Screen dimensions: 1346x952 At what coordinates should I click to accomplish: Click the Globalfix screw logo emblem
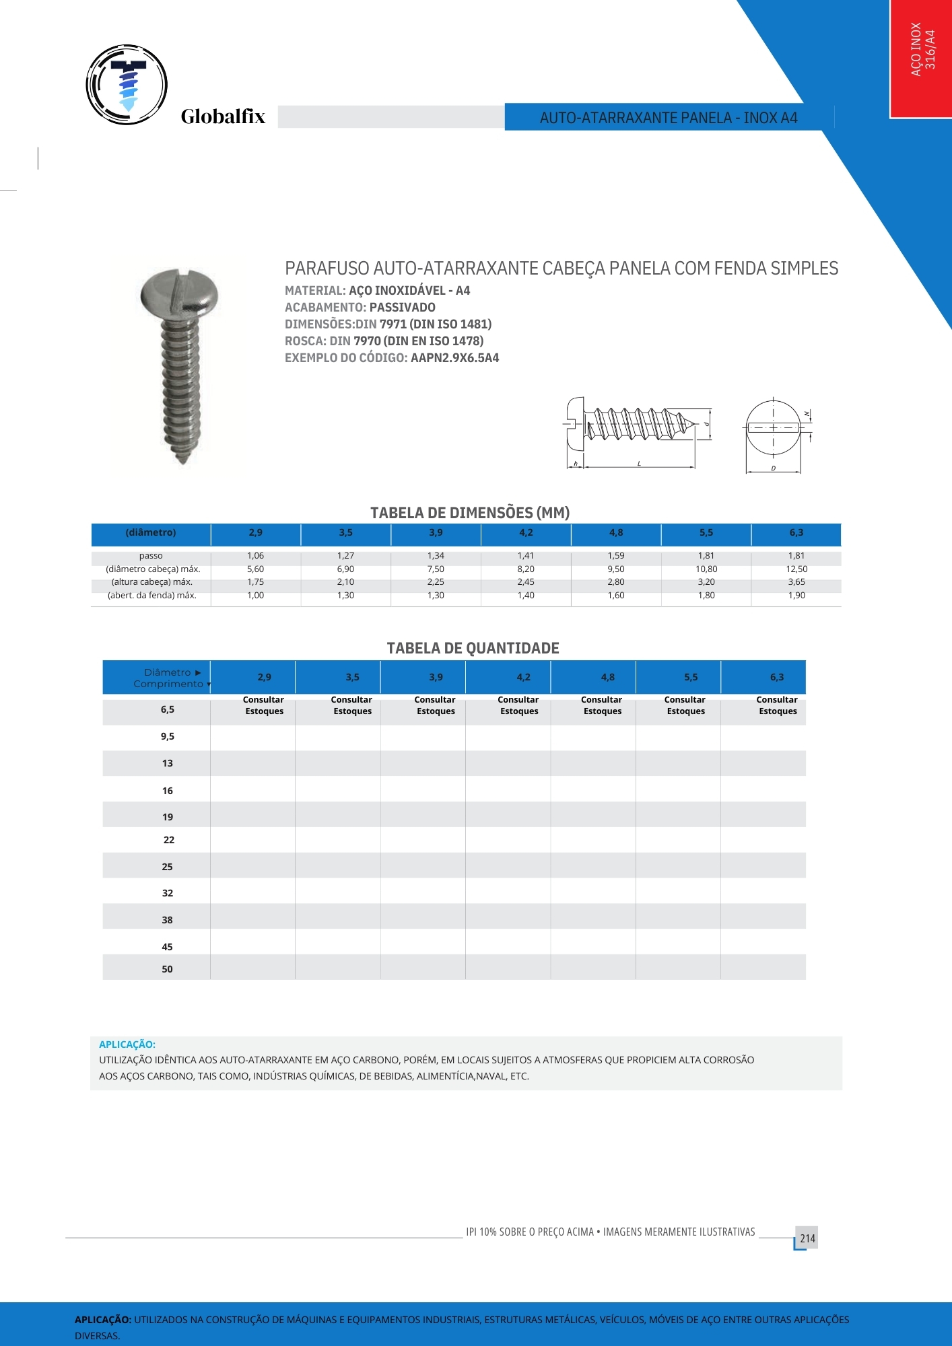coord(127,85)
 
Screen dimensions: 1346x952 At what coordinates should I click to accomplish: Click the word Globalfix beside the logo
coord(223,117)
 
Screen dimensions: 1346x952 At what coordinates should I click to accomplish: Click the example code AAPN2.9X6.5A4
coord(454,358)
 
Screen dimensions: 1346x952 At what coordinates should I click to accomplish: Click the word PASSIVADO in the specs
coord(402,308)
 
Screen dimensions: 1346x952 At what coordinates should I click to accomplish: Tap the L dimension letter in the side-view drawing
coord(639,464)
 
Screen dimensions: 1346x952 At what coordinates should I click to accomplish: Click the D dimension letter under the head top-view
coord(773,468)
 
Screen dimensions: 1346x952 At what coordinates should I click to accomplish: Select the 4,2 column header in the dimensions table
coord(526,533)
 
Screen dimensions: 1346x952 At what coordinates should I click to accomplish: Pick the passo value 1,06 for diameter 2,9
coord(255,556)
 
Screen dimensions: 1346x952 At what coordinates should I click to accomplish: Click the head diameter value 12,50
coord(796,569)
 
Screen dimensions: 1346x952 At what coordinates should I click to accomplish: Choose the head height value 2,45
coord(526,582)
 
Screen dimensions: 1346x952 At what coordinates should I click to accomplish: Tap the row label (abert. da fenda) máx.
coord(152,596)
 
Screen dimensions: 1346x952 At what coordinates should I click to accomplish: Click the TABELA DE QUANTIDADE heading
coord(473,648)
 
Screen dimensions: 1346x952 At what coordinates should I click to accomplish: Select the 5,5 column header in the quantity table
coord(691,678)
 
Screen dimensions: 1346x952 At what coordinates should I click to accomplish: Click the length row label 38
coord(167,920)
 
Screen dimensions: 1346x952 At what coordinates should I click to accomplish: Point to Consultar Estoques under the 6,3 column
coord(777,705)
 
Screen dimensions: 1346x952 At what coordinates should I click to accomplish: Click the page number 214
coord(807,1238)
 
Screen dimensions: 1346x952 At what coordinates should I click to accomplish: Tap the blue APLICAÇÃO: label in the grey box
coord(127,1044)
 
